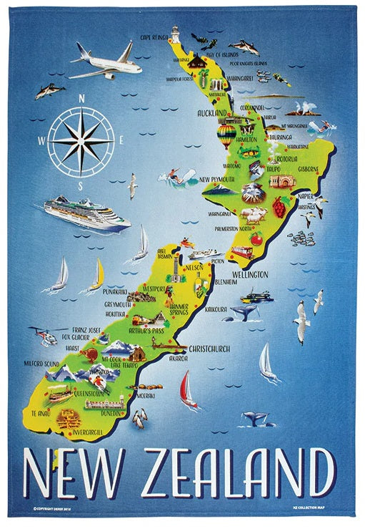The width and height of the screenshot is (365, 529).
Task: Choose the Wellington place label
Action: pyautogui.click(x=248, y=274)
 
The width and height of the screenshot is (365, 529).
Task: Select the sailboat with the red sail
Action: pyautogui.click(x=188, y=389)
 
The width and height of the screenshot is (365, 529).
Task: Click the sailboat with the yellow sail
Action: pyautogui.click(x=96, y=274)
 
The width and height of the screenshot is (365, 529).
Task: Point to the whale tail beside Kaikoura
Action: pyautogui.click(x=244, y=311)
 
